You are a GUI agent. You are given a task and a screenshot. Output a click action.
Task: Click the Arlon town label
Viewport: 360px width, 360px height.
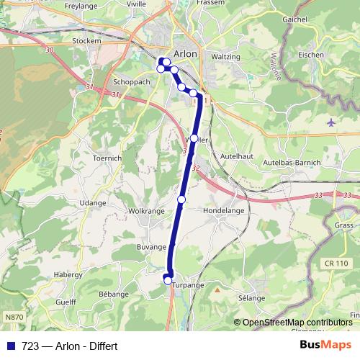pyautogui.click(x=185, y=54)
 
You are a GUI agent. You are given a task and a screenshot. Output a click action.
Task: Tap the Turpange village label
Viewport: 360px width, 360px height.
pyautogui.click(x=189, y=286)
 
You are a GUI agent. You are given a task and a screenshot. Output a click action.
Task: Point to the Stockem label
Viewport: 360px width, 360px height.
pyautogui.click(x=86, y=42)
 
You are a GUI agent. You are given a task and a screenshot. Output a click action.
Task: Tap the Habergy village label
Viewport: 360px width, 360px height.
pyautogui.click(x=68, y=274)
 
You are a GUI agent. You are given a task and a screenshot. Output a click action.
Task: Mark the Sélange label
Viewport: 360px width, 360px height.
pyautogui.click(x=251, y=297)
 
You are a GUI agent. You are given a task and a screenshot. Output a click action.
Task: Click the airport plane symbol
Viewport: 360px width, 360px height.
pyautogui.click(x=330, y=122)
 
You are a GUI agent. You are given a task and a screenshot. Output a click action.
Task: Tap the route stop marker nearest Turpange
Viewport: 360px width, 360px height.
pyautogui.click(x=168, y=281)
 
